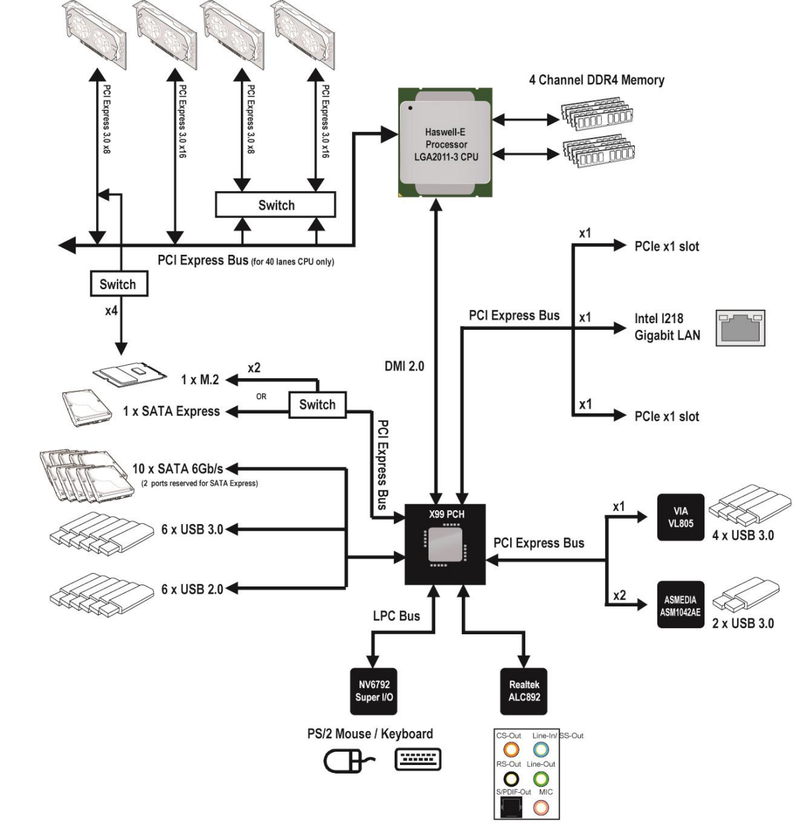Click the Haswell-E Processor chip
445,143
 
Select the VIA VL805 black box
680,517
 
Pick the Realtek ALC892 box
524,691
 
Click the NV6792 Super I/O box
373,691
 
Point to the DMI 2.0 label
404,366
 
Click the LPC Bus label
396,616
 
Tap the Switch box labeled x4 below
117,284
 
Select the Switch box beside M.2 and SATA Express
317,405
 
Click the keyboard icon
418,759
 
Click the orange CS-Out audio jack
510,749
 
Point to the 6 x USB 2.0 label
192,588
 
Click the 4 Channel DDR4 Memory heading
596,80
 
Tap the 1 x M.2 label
200,380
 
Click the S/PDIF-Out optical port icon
510,807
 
